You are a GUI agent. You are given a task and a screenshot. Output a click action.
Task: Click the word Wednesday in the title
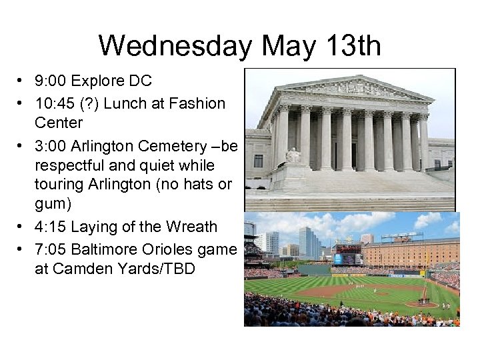[175, 47]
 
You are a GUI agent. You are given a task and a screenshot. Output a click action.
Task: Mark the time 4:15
[51, 227]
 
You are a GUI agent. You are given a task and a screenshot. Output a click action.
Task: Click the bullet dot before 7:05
[21, 249]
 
